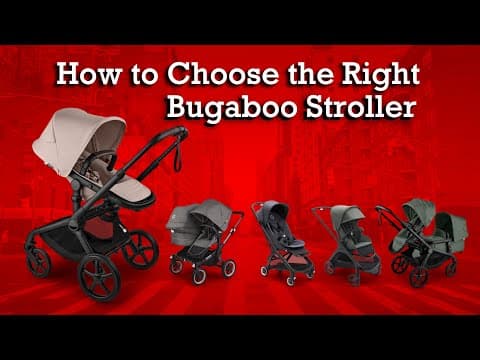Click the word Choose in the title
(225, 74)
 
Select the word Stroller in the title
(361, 107)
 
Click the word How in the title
(89, 74)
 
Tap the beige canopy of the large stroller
(78, 139)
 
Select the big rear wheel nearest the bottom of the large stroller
(99, 278)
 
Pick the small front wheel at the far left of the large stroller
(38, 262)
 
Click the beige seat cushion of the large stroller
(132, 190)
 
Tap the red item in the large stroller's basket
(99, 227)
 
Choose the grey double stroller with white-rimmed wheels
(204, 241)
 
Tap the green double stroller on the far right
(422, 242)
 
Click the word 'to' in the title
(144, 76)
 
